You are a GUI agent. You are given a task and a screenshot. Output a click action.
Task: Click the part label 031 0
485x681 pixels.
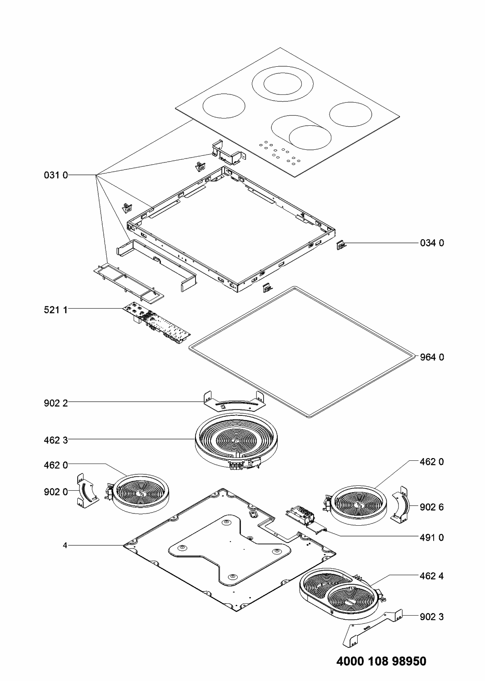[x=56, y=175]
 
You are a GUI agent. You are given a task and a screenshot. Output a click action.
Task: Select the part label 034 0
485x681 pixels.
[x=432, y=243]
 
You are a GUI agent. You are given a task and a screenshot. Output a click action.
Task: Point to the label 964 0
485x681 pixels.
[x=432, y=357]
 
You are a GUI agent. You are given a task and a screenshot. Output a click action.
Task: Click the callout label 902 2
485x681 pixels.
[x=56, y=402]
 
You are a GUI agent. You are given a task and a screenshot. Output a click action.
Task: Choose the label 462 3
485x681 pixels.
[x=56, y=439]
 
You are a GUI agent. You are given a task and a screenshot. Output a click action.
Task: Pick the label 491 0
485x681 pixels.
[x=432, y=537]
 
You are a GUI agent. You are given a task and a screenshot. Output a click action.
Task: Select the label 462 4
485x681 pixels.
[x=432, y=576]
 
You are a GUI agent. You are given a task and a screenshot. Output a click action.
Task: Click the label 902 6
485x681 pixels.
[x=432, y=507]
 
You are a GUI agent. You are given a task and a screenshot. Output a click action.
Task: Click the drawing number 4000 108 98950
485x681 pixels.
[x=381, y=661]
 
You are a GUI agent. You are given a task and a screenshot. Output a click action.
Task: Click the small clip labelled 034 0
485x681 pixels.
[x=341, y=246]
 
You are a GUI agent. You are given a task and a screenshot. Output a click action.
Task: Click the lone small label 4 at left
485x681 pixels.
[x=65, y=545]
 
